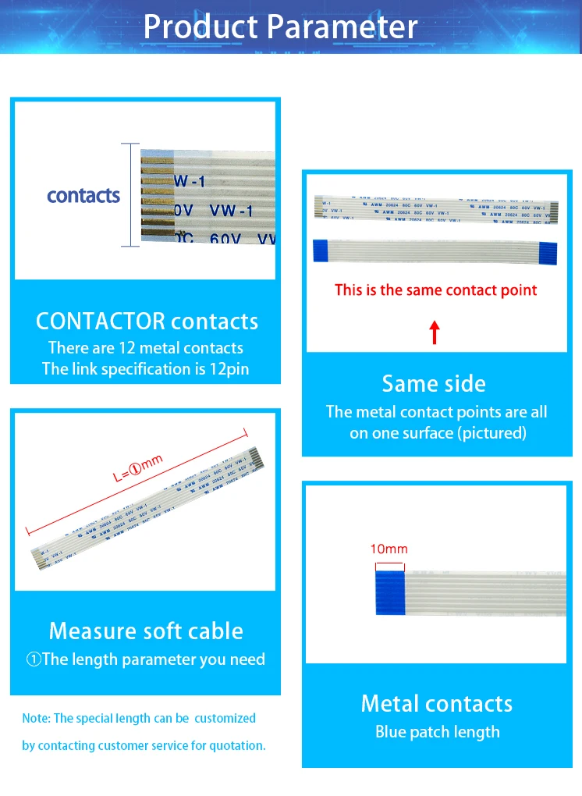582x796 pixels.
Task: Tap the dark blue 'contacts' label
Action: (83, 196)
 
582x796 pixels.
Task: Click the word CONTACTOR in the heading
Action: (101, 322)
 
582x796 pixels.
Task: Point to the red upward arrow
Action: (435, 332)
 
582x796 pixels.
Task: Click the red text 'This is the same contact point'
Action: (436, 290)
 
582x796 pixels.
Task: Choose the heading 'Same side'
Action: (434, 383)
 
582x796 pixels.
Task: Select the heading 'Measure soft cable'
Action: (146, 631)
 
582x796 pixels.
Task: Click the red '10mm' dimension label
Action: (389, 549)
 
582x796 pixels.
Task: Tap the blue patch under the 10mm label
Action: (389, 594)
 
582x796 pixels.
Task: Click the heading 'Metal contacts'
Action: (437, 703)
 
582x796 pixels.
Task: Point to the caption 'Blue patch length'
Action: (437, 732)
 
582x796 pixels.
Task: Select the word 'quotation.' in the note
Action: (237, 745)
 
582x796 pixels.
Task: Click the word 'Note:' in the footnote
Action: (36, 718)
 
